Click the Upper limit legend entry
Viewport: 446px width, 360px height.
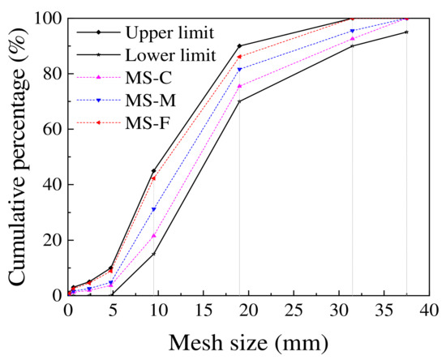pyautogui.click(x=169, y=32)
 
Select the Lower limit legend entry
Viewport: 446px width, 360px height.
pyautogui.click(x=170, y=55)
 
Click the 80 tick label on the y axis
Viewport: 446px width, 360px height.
pyautogui.click(x=47, y=73)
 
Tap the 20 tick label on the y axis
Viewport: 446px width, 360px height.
pyautogui.click(x=47, y=240)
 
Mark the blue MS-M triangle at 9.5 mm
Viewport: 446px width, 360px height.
pyautogui.click(x=153, y=209)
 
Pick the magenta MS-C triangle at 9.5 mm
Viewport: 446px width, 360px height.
pyautogui.click(x=153, y=235)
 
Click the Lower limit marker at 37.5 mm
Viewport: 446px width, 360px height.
pyautogui.click(x=406, y=32)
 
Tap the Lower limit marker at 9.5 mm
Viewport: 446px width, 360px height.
pyautogui.click(x=153, y=254)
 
